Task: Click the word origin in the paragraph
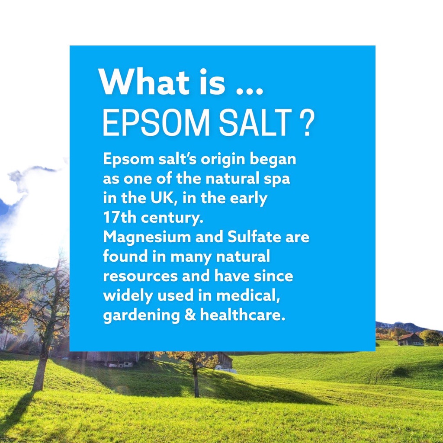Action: (223, 160)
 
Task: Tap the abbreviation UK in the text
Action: (163, 198)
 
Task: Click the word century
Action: (172, 218)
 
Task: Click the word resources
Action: (141, 276)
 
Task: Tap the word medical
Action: (248, 295)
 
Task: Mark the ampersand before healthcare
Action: (190, 315)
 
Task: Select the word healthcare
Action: (242, 315)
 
